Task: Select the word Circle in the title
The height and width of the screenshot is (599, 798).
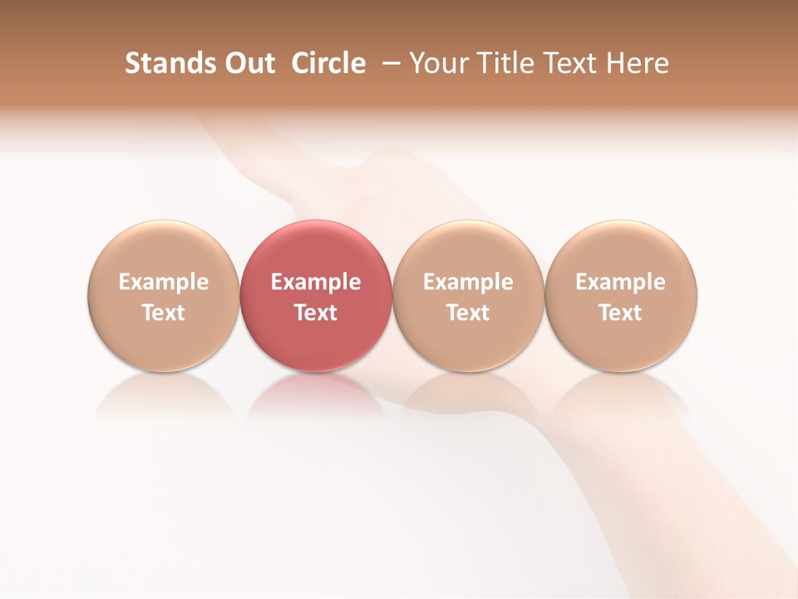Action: tap(328, 63)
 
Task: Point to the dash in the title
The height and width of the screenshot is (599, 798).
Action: tap(388, 63)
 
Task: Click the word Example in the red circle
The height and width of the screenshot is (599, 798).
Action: tap(316, 282)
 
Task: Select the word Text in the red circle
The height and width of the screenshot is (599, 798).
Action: tap(316, 313)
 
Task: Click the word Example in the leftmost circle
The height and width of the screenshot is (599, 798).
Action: tap(164, 282)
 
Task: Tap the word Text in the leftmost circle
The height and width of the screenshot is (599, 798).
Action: tap(164, 313)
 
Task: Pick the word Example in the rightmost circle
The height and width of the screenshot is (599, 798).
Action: tap(621, 282)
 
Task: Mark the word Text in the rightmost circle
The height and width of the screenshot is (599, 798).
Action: tap(621, 313)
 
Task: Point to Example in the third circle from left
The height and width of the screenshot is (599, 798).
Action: tap(468, 282)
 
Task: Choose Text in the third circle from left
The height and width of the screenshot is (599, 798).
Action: tap(468, 313)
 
